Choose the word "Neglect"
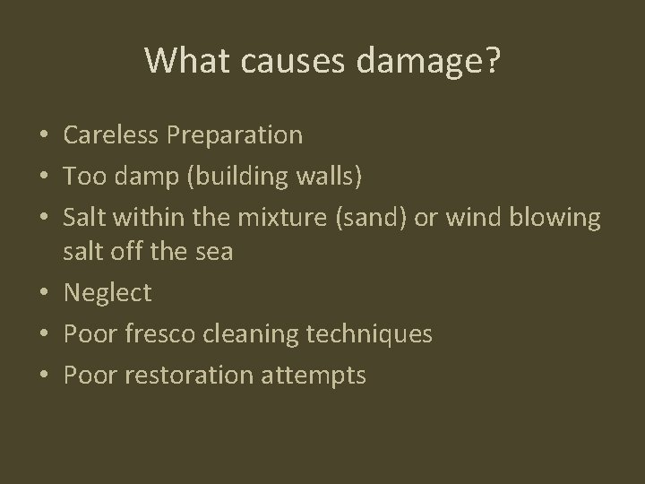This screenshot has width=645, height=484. coord(107,292)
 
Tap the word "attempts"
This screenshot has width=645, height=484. coord(314,375)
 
